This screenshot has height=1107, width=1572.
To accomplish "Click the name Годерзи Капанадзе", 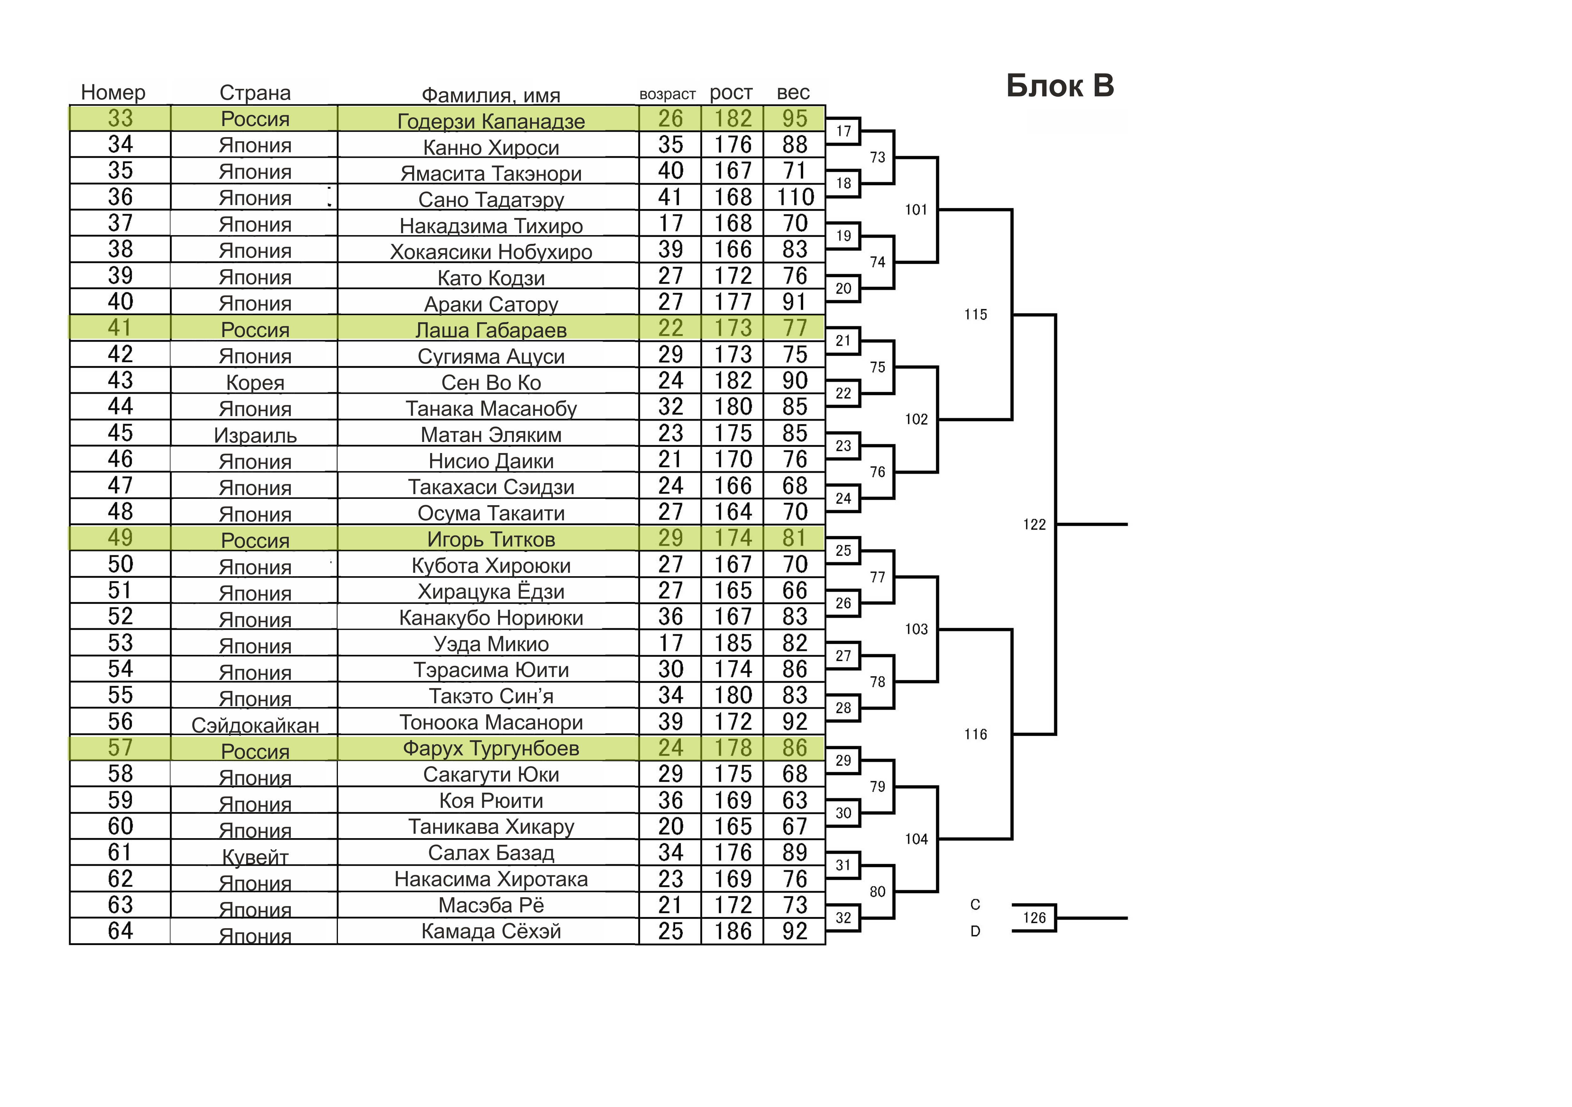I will point(491,121).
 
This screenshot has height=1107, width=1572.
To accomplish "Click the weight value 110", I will point(795,197).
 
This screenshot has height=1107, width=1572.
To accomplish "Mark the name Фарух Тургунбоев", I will point(491,748).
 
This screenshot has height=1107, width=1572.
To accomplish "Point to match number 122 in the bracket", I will point(1034,524).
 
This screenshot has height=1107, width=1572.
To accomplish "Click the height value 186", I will point(733,931).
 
